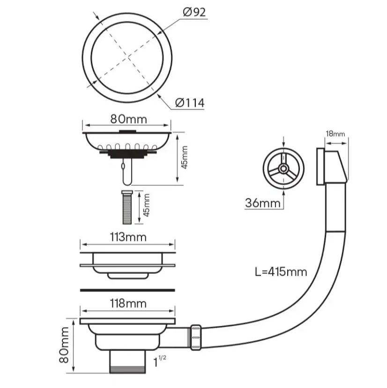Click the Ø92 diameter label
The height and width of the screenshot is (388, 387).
[194, 12]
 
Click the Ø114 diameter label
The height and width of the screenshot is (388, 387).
[190, 102]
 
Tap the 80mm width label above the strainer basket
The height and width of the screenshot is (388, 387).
[128, 119]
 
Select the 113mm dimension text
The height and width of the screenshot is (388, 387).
[128, 237]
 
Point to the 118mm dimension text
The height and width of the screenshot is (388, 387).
[128, 303]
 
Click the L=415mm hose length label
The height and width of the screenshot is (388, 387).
[281, 272]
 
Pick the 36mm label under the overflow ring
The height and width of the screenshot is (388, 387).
[263, 203]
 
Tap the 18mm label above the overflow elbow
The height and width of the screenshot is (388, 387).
[335, 134]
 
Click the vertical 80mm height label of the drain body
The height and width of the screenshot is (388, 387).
[64, 345]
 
